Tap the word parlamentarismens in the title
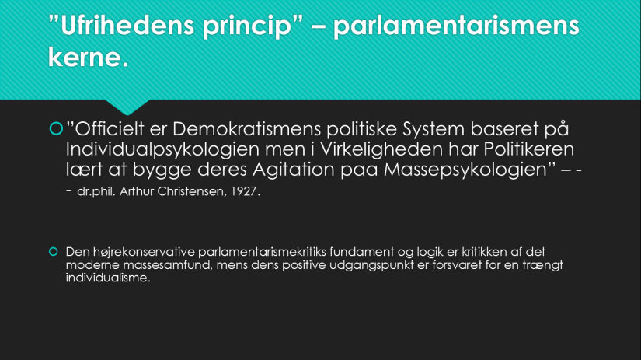457,26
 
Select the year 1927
245,191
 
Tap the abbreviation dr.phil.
99,191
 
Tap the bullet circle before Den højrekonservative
54,252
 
